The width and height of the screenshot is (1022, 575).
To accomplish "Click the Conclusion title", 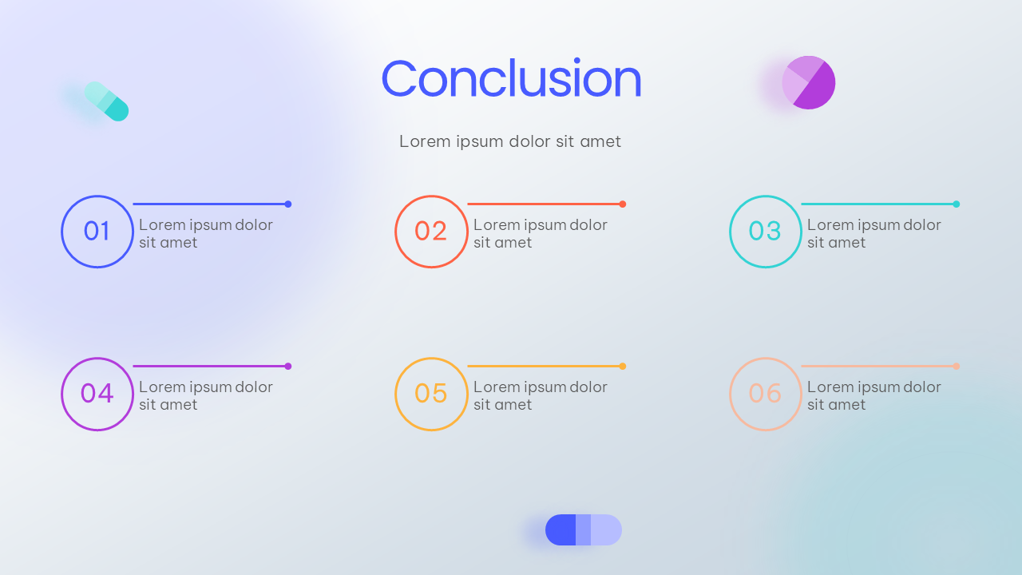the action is tap(512, 78).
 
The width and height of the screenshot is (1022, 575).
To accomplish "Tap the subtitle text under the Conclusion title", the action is tap(510, 141).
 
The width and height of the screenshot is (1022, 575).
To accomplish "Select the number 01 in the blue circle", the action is tap(97, 231).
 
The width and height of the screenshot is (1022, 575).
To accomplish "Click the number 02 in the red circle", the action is tap(430, 231).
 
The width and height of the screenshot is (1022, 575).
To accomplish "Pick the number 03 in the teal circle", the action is tap(765, 231).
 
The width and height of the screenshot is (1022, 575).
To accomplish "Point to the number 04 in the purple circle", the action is tap(97, 393).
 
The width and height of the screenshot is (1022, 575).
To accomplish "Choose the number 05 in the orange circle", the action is tap(430, 393).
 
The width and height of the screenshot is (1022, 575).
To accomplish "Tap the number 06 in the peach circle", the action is tap(765, 393).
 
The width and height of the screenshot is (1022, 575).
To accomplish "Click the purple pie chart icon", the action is tap(809, 82).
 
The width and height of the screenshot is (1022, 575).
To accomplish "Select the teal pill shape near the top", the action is tap(106, 101).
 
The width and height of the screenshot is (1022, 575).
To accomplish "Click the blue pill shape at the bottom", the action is tap(584, 529).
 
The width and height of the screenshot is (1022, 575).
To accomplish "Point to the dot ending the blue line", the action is tap(288, 204).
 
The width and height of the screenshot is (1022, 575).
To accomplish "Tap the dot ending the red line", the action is tap(622, 204).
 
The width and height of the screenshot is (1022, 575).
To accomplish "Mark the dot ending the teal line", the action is tap(957, 204).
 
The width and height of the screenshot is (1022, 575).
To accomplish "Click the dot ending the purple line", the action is tap(288, 366).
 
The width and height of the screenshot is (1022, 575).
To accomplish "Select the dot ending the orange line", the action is tap(622, 366).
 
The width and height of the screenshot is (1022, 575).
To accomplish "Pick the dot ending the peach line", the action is tap(957, 366).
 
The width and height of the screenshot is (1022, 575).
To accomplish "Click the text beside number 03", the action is tap(873, 234).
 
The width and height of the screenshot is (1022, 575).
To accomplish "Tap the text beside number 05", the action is tap(541, 395).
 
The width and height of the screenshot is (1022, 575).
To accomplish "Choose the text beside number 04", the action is tap(206, 395).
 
